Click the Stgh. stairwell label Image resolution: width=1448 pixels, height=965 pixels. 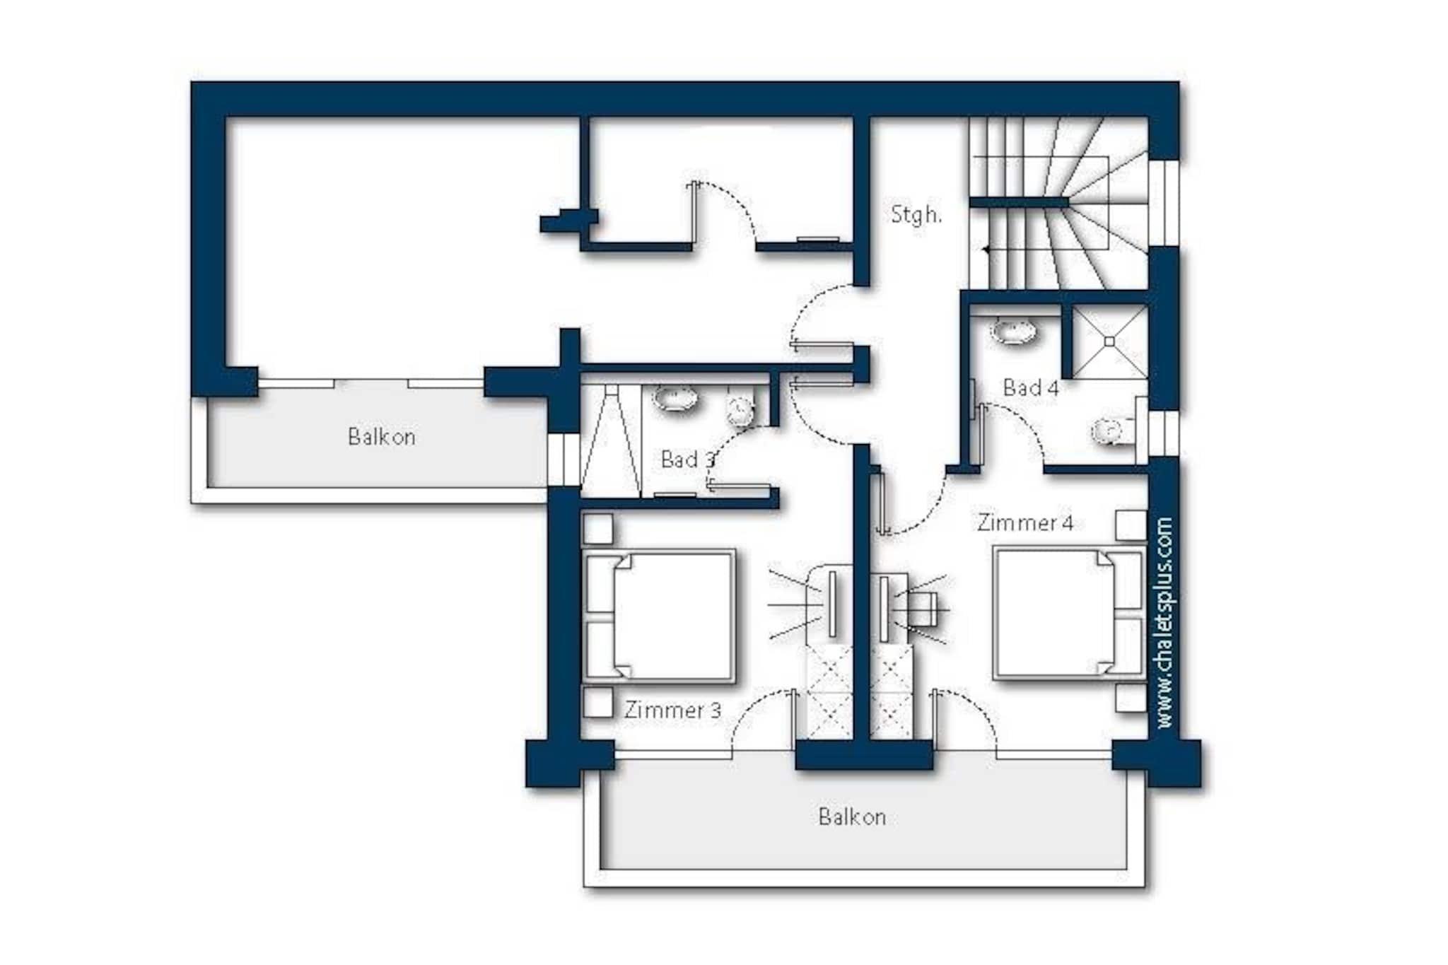pos(916,214)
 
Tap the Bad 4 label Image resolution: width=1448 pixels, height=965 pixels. pos(1031,387)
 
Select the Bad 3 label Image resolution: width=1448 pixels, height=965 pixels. pos(687,460)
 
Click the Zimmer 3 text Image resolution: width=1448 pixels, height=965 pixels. pos(672,710)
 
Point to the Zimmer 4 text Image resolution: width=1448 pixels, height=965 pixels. pos(1025,522)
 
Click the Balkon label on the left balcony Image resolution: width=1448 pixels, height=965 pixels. pos(382,436)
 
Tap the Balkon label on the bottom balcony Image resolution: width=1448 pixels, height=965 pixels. pos(852,817)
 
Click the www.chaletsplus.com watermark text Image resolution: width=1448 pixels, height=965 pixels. pos(1164,623)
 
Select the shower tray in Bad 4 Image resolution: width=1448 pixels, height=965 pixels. pos(1109,342)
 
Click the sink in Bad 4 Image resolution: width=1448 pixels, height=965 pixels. pos(1015,330)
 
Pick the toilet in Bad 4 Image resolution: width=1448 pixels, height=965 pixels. pos(1114,430)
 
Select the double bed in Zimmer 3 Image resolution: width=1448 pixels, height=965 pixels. pos(659,616)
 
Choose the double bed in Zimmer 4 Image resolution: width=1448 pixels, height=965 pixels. pos(1068,613)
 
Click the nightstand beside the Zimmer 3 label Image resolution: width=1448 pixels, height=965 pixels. pos(597,703)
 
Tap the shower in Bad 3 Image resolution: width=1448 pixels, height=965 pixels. pos(610,440)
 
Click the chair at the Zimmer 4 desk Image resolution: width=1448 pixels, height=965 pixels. pos(922,609)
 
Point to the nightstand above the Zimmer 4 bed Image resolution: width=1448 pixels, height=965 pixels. pos(1131,525)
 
